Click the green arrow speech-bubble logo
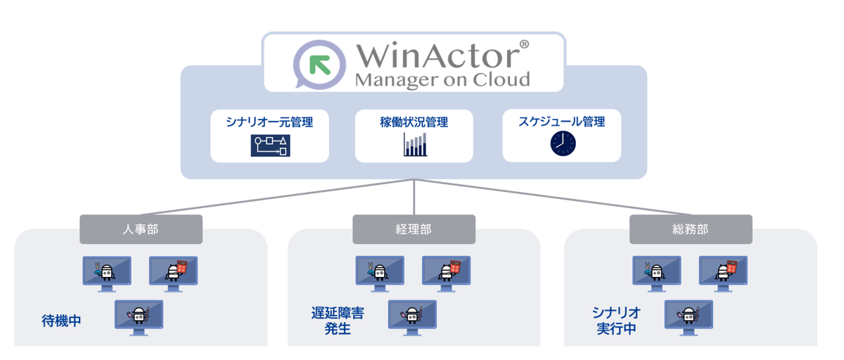(x=319, y=64)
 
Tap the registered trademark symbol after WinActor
(x=523, y=44)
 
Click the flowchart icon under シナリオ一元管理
(x=270, y=146)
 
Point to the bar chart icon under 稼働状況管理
(x=415, y=145)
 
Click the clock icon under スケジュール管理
(x=563, y=143)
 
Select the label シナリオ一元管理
(x=269, y=122)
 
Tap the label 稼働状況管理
(x=414, y=122)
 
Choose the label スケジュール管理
(x=562, y=122)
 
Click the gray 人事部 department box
(x=141, y=229)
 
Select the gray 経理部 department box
(x=414, y=229)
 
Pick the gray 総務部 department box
(x=691, y=229)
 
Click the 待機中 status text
(x=61, y=321)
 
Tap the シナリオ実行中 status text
(x=616, y=320)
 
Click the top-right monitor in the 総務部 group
(x=723, y=271)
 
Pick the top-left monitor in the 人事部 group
(x=107, y=271)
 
